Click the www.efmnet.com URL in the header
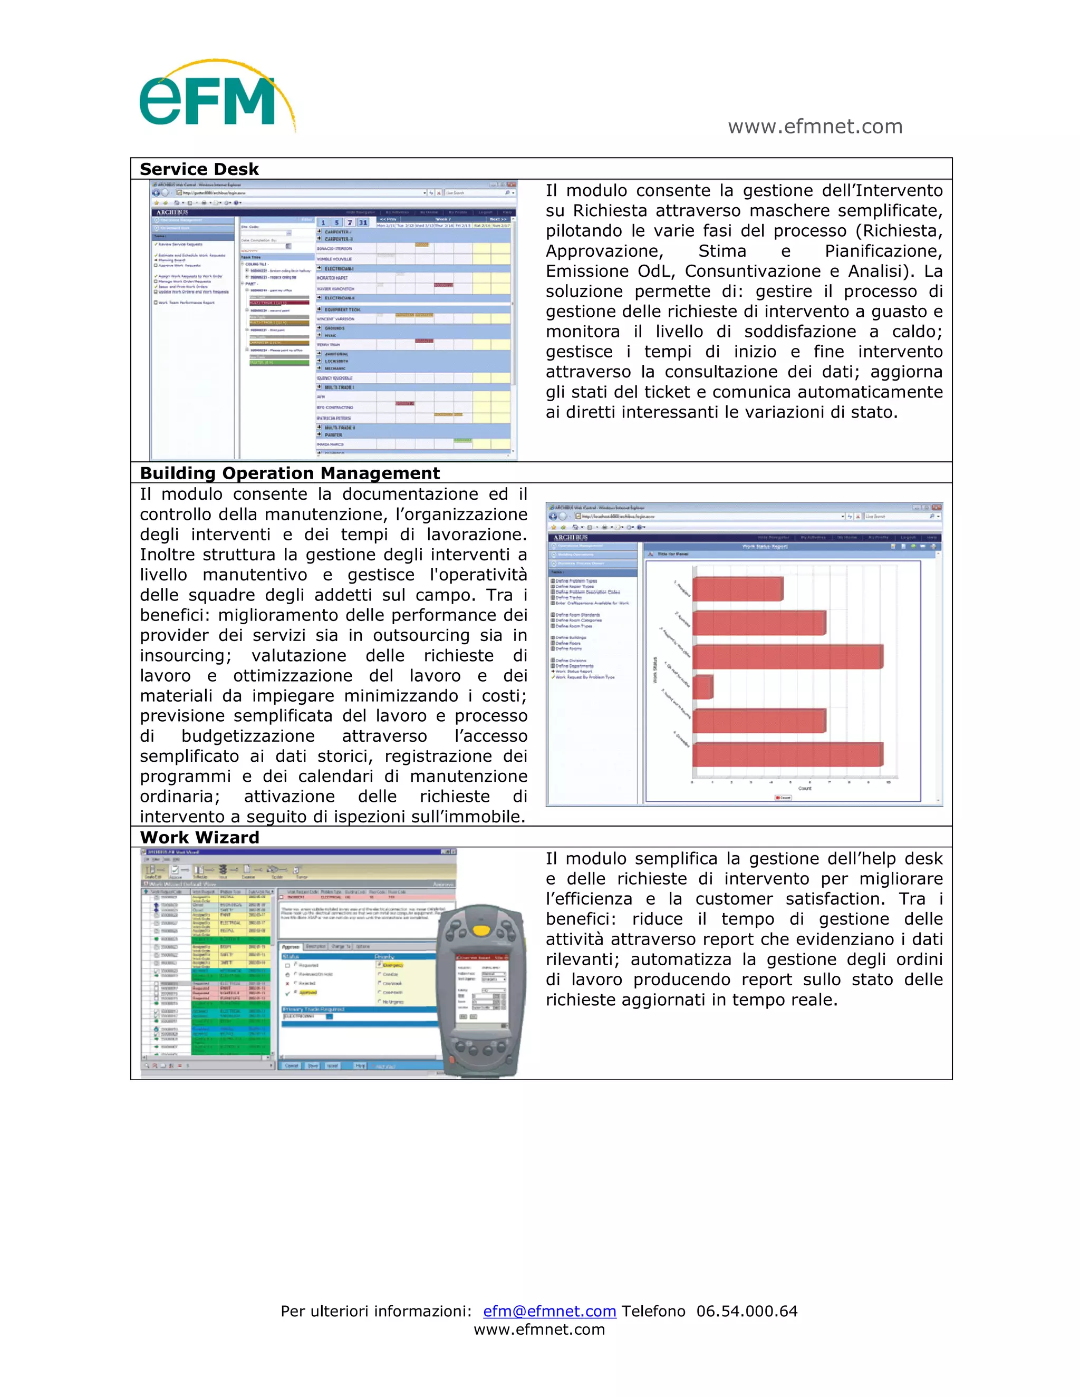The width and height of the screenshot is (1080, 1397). click(814, 127)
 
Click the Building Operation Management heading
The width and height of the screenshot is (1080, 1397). click(289, 473)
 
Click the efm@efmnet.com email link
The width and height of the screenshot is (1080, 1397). click(549, 1311)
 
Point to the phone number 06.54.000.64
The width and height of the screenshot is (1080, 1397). click(747, 1311)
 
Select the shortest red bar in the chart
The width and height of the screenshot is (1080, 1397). click(702, 687)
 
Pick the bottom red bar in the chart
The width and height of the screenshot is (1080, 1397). click(787, 754)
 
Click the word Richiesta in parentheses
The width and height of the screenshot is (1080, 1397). click(902, 231)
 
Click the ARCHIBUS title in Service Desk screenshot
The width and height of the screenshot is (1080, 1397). click(172, 212)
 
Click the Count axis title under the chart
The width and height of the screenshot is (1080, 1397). click(804, 788)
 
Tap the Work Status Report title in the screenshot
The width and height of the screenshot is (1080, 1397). click(764, 546)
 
